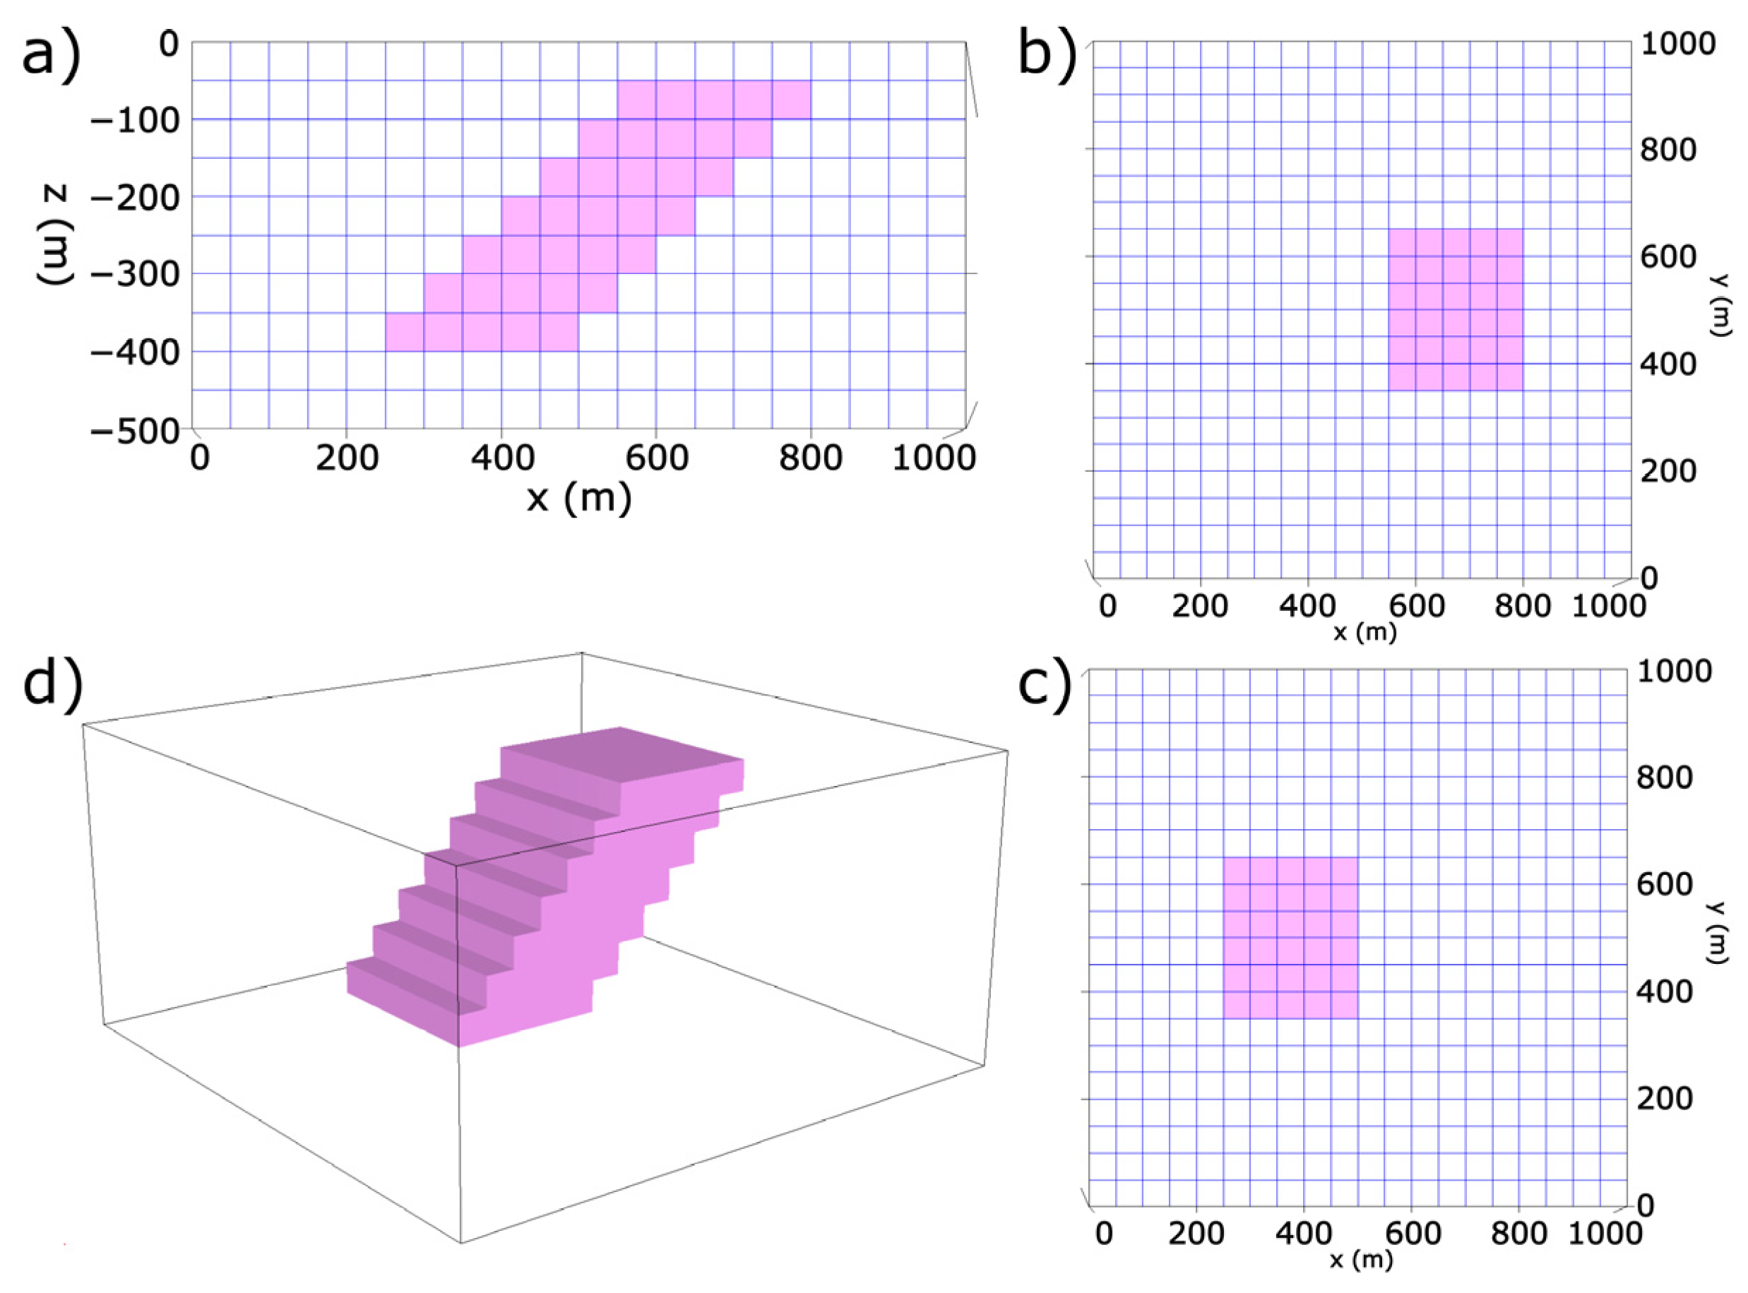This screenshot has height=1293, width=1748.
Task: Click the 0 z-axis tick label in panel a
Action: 169,44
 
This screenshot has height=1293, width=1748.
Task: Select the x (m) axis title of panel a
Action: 578,497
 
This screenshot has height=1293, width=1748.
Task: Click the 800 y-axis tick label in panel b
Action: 1668,150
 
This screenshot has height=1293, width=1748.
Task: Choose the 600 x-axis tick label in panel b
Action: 1415,606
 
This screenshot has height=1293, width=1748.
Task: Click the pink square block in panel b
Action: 1456,310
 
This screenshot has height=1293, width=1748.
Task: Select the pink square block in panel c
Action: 1290,937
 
